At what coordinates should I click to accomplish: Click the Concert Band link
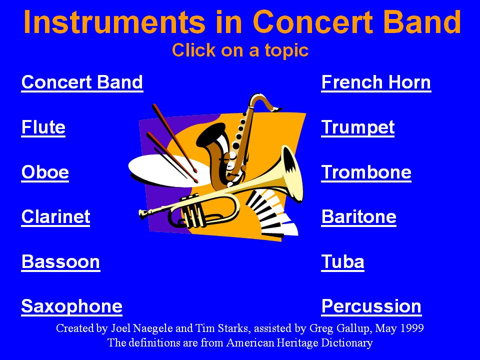pyautogui.click(x=82, y=82)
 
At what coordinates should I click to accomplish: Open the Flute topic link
pyautogui.click(x=43, y=127)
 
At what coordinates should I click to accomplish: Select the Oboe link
pyautogui.click(x=45, y=172)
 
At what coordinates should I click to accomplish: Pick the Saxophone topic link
pyautogui.click(x=72, y=306)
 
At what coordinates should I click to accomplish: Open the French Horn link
pyautogui.click(x=376, y=82)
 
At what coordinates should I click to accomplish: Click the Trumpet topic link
pyautogui.click(x=358, y=127)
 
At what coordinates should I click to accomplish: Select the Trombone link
pyautogui.click(x=366, y=172)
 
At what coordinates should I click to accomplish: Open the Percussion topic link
pyautogui.click(x=371, y=306)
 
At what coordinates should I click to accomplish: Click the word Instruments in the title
pyautogui.click(x=114, y=22)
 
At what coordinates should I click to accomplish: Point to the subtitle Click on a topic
pyautogui.click(x=240, y=50)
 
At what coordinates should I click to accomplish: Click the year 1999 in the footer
pyautogui.click(x=412, y=328)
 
